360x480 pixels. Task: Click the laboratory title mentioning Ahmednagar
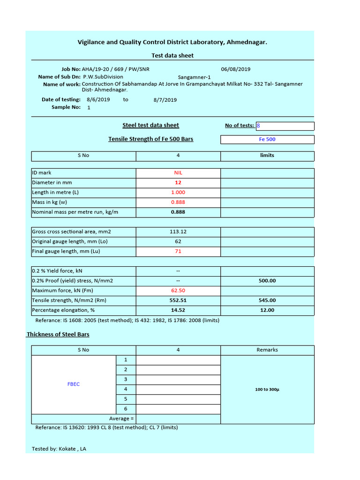coord(172,42)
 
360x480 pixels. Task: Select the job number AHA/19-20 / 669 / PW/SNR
coord(116,69)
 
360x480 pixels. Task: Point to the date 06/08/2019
coord(235,69)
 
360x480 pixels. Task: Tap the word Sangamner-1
coord(194,77)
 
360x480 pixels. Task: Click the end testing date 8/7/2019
coord(165,100)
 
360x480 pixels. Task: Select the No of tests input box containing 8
coord(285,126)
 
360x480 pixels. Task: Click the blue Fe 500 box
coord(267,139)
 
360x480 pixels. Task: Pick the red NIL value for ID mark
coord(178,172)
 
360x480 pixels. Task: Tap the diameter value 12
coord(178,182)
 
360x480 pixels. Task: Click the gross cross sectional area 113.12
coord(178,232)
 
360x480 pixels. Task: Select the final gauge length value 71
coord(178,251)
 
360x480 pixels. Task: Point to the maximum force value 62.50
coord(178,291)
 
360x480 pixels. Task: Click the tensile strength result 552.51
coord(178,300)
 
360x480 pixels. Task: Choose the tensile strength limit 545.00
coord(267,300)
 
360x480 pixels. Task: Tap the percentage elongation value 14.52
coord(178,310)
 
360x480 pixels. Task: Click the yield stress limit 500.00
coord(267,281)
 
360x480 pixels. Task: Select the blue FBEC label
coord(74,384)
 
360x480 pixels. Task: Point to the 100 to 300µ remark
coord(267,390)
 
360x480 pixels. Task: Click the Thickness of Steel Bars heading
coord(58,334)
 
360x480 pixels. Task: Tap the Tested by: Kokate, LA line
coord(59,449)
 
